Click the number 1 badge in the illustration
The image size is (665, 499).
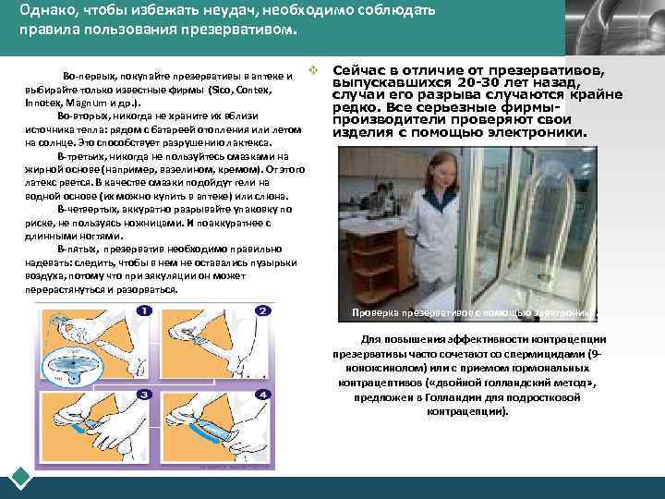click(x=145, y=310)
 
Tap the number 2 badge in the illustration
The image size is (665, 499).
click(x=262, y=310)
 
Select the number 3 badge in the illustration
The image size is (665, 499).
click(x=145, y=395)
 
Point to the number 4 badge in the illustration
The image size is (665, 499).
click(x=262, y=395)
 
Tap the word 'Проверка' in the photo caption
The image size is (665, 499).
click(x=376, y=312)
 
